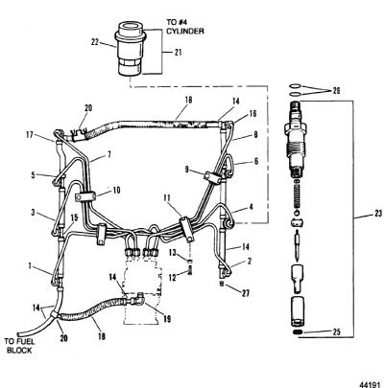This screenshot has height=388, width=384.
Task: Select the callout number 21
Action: [178, 52]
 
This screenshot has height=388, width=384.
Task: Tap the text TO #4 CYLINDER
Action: [184, 27]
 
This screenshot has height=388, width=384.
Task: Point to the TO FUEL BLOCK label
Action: [20, 346]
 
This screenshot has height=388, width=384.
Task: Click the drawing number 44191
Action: [372, 384]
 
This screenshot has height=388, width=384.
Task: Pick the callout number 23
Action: [378, 214]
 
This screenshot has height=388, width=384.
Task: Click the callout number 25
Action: [336, 332]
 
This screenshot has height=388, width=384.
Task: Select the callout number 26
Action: [336, 91]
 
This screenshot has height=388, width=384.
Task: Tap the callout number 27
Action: [246, 293]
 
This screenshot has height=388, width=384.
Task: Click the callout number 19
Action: [167, 318]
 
